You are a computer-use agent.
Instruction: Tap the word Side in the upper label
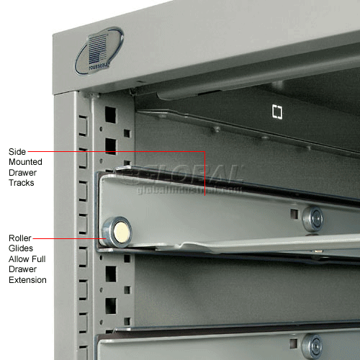(x=17, y=151)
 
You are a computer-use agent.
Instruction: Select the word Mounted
(x=26, y=162)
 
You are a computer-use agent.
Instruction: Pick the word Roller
(x=20, y=237)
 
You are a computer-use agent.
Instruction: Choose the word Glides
(x=21, y=248)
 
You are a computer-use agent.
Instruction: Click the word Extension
(x=27, y=279)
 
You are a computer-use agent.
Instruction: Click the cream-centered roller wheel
(x=119, y=230)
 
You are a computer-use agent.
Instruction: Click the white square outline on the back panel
(x=276, y=111)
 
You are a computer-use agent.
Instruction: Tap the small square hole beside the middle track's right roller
(x=294, y=214)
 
